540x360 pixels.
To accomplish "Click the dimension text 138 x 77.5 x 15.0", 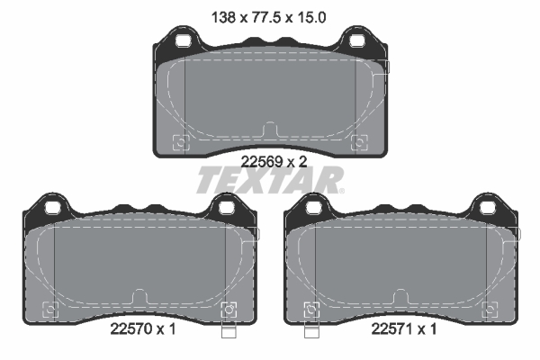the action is point(268,18).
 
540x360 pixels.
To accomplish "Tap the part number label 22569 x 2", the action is point(274,162).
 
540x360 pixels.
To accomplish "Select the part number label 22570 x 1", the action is point(143,329).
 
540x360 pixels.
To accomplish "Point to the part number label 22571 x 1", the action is point(404,329).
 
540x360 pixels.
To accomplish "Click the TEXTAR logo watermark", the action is point(270,180).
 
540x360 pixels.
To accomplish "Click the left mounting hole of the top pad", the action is point(183,41).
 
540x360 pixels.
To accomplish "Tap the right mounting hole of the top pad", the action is point(356,41).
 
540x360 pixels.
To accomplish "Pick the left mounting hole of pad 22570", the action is point(53,208).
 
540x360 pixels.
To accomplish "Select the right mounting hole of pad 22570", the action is point(226,208).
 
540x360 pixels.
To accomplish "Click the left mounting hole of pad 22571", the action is point(314,208).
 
